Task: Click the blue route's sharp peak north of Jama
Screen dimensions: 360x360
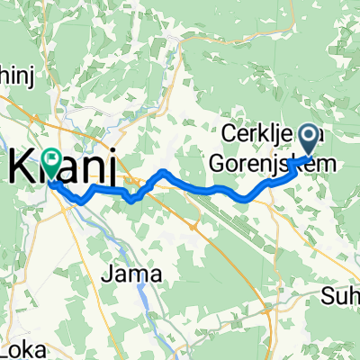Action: pyautogui.click(x=162, y=171)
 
